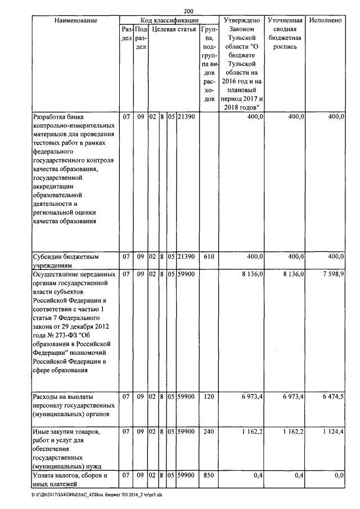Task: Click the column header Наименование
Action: coord(76,20)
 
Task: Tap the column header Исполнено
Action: coord(326,20)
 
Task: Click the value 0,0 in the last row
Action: coord(339,476)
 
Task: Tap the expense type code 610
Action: coord(209,256)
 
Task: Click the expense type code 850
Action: coord(209,476)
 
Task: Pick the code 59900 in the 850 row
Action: coord(186,476)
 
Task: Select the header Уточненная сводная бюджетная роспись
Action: coord(286,33)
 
